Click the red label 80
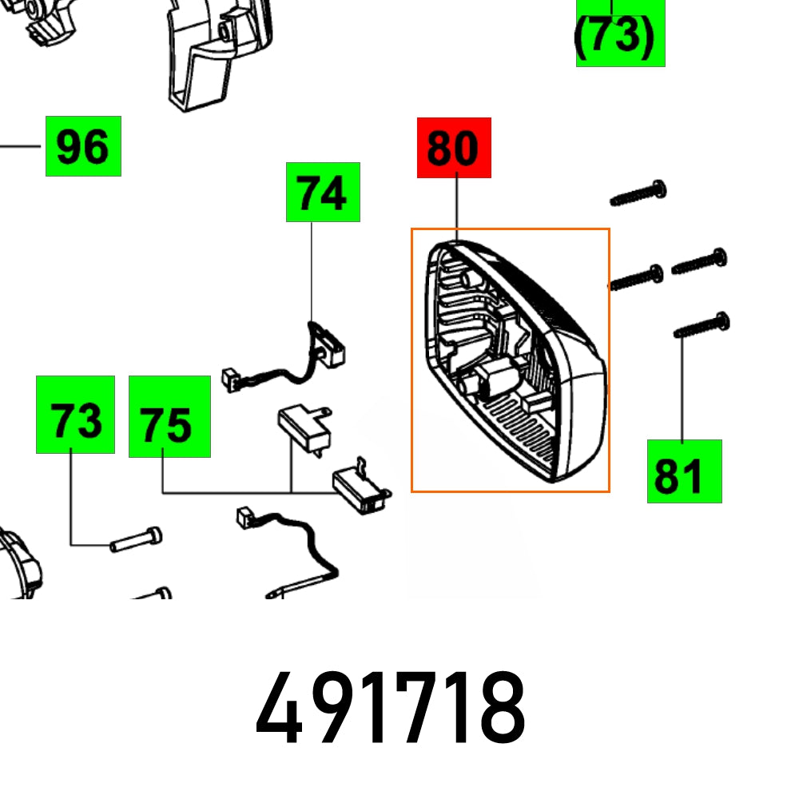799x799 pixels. [453, 148]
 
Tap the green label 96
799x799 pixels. [83, 146]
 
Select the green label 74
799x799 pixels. [323, 193]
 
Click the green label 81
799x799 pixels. [684, 471]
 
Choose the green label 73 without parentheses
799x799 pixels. [75, 415]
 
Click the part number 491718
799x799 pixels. [391, 709]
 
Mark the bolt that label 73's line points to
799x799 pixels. [136, 540]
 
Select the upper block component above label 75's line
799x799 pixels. [302, 423]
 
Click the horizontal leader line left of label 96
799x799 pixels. [20, 146]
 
